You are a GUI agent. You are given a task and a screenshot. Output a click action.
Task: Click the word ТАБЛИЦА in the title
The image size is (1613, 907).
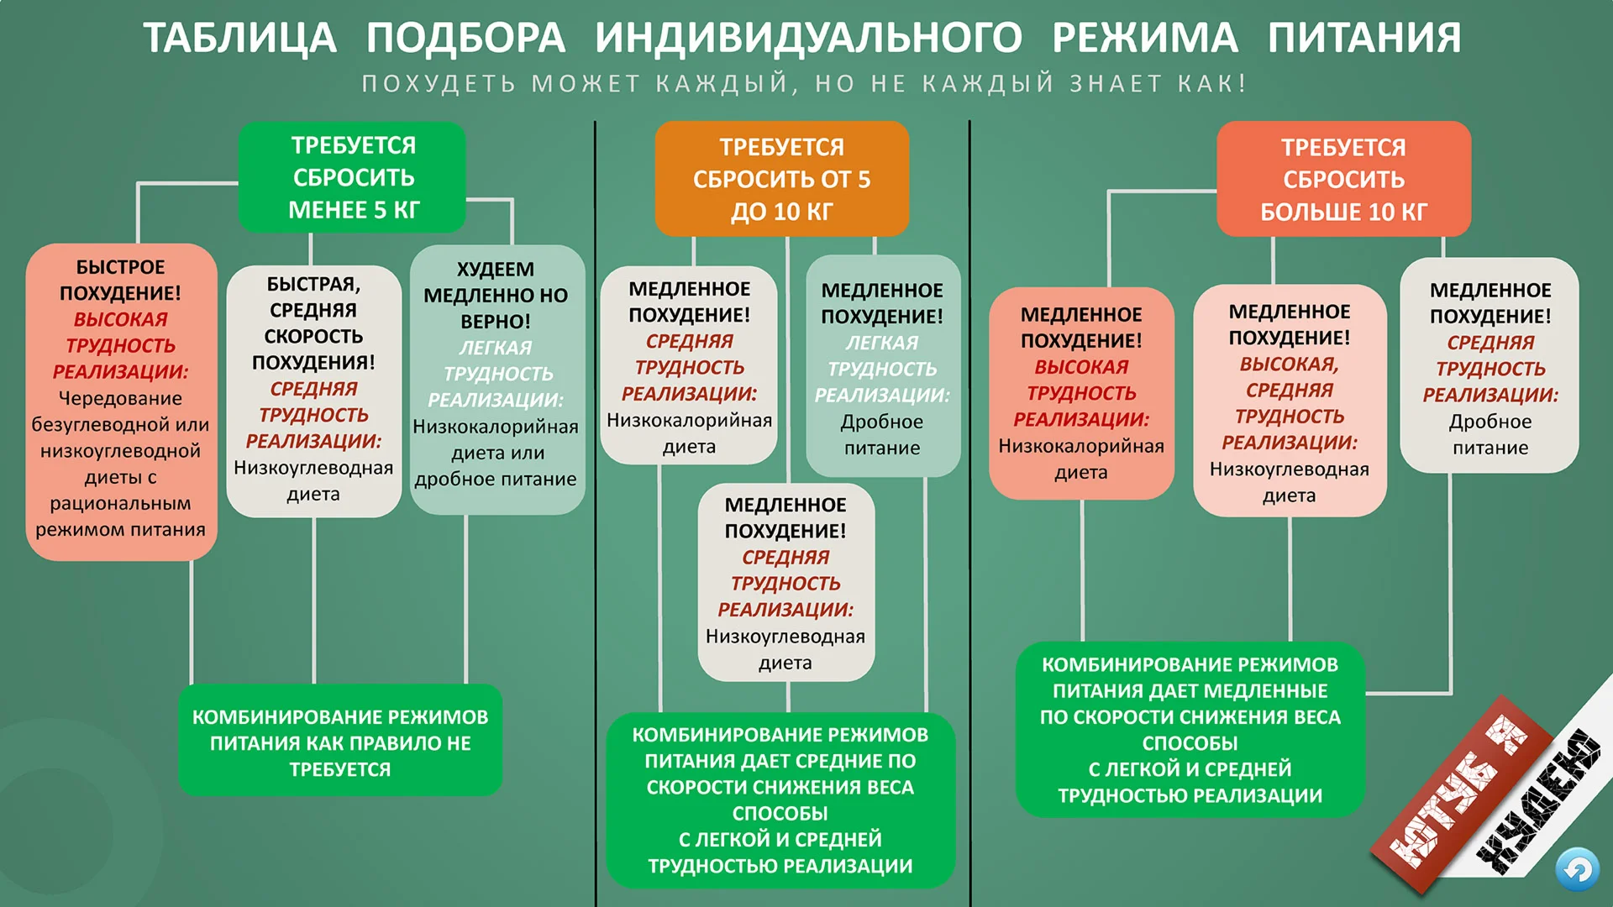[x=239, y=39]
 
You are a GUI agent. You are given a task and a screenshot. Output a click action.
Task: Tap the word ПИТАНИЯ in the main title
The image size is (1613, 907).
[x=1364, y=39]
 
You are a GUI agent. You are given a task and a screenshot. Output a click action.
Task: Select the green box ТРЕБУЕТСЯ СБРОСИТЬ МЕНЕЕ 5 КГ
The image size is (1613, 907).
[x=353, y=177]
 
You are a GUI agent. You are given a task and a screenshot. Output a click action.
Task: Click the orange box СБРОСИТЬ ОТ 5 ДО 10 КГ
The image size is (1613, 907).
[x=781, y=179]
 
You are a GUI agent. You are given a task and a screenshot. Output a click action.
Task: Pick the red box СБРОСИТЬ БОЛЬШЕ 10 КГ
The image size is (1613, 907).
[x=1343, y=179]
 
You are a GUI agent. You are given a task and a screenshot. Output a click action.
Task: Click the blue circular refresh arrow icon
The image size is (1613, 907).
[x=1576, y=869]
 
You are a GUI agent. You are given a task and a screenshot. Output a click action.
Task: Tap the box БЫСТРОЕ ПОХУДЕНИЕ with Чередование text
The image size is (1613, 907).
[x=121, y=401]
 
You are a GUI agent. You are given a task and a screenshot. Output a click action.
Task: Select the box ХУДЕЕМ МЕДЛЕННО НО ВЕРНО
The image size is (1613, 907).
[x=497, y=379]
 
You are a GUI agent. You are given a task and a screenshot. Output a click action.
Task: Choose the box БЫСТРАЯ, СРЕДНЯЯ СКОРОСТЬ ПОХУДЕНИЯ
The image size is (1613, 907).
[x=313, y=391]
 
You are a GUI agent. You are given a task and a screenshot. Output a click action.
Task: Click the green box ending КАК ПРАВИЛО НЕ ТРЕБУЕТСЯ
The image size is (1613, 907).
[x=340, y=742]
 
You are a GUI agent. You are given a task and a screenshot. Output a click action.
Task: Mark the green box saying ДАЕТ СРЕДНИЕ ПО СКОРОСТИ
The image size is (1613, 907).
[x=780, y=800]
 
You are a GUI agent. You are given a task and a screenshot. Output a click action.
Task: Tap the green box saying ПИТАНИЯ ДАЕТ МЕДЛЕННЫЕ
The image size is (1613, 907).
[x=1190, y=729]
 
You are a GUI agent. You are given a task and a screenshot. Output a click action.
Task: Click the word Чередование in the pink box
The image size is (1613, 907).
[x=120, y=398]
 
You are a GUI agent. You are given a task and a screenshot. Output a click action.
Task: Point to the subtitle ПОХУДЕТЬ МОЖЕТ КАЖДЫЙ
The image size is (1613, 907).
[x=804, y=84]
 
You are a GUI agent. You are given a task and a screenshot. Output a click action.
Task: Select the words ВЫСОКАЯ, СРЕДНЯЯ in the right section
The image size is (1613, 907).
[x=1290, y=377]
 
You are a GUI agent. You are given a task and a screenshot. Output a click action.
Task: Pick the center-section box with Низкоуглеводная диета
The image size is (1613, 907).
[x=785, y=582]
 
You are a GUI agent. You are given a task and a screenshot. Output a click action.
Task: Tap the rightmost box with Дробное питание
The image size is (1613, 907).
[x=1490, y=365]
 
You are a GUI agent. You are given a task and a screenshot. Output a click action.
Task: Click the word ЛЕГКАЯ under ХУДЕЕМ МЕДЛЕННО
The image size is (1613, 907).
[x=496, y=348]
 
